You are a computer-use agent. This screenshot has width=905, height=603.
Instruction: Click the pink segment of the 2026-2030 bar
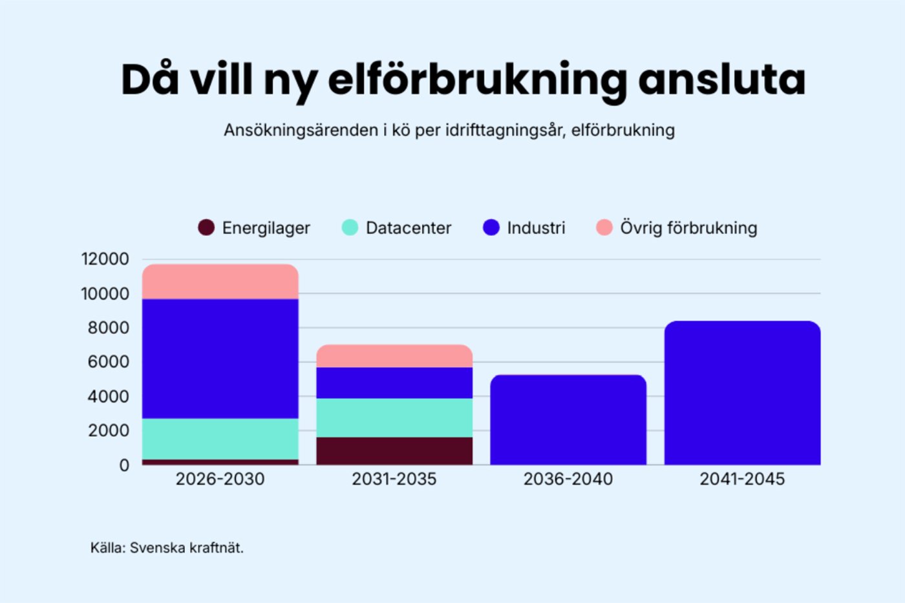[220, 282]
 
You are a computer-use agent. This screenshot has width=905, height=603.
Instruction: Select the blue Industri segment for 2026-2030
[220, 359]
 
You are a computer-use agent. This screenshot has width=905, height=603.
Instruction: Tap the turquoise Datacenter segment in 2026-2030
[220, 439]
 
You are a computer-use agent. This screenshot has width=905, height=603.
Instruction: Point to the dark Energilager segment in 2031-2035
[394, 450]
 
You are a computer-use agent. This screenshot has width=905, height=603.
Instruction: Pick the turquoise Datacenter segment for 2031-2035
[394, 418]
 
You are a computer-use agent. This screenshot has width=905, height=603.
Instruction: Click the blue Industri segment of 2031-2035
[394, 383]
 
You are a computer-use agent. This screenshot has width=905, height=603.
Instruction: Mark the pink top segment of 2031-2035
[394, 356]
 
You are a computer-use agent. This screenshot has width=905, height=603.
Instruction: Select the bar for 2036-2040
[568, 420]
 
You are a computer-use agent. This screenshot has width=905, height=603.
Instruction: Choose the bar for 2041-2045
[742, 393]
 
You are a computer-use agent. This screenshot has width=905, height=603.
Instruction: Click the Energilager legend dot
[206, 227]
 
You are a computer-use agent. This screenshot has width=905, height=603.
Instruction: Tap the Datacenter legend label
[408, 228]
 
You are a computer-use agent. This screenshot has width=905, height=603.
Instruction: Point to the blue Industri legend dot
[491, 227]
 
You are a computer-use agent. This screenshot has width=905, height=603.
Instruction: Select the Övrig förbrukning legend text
[688, 228]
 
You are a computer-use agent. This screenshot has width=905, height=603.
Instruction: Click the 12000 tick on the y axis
[105, 259]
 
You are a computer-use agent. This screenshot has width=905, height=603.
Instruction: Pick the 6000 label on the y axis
[109, 362]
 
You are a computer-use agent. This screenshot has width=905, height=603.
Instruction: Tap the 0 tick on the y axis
[124, 465]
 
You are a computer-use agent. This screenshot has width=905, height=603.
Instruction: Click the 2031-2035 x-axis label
[394, 480]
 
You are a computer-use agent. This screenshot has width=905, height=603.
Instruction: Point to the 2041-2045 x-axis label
[742, 480]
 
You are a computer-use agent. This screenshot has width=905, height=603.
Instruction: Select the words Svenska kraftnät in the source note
[186, 548]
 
